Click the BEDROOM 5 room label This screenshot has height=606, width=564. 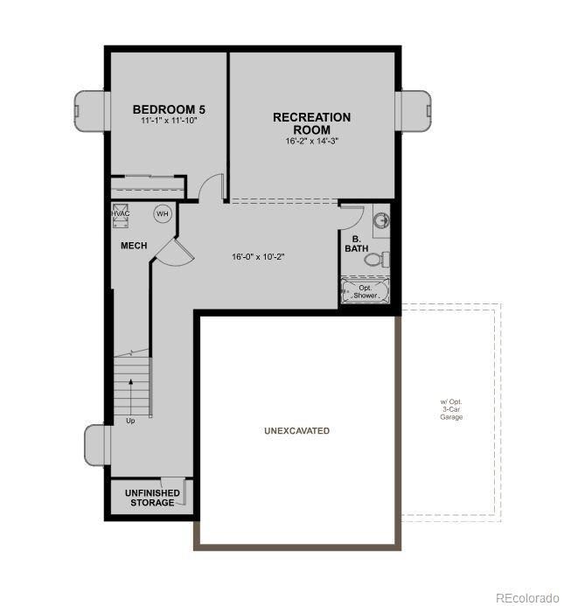pyautogui.click(x=169, y=109)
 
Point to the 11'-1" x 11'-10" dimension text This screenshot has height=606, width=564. pyautogui.click(x=169, y=121)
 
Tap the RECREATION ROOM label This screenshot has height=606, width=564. pyautogui.click(x=311, y=123)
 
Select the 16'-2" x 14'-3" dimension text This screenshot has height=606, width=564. pyautogui.click(x=311, y=141)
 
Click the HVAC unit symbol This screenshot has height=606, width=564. pyautogui.click(x=121, y=216)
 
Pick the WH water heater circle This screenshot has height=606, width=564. pyautogui.click(x=162, y=213)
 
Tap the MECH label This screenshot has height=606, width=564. pyautogui.click(x=134, y=246)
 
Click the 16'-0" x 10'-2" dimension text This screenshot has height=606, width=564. pyautogui.click(x=259, y=257)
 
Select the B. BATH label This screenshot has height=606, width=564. pyautogui.click(x=356, y=244)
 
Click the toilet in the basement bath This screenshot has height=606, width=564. pyautogui.click(x=377, y=259)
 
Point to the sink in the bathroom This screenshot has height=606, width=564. pyautogui.click(x=380, y=220)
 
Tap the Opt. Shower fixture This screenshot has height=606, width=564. pyautogui.click(x=365, y=291)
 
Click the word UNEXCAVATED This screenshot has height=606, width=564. pyautogui.click(x=296, y=431)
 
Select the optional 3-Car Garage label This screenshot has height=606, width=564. pyautogui.click(x=451, y=410)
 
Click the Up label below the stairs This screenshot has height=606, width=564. pyautogui.click(x=130, y=421)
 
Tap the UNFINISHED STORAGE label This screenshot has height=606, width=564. pyautogui.click(x=152, y=498)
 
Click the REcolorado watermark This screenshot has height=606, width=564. pyautogui.click(x=526, y=598)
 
